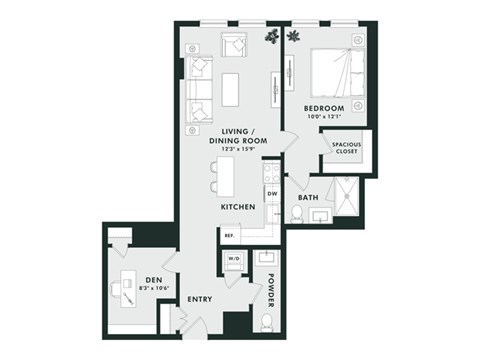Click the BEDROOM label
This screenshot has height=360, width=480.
[x=325, y=107]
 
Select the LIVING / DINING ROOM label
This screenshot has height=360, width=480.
[x=236, y=137]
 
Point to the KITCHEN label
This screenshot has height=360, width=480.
[x=238, y=207]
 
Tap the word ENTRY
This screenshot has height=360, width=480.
[x=200, y=298]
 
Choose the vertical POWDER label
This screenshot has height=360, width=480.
[x=270, y=289]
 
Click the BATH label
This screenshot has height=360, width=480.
[x=308, y=198]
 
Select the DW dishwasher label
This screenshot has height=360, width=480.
[x=271, y=192]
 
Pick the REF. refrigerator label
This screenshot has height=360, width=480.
[x=229, y=236]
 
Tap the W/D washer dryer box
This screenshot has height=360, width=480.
[x=236, y=259]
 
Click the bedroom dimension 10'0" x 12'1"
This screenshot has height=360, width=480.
[x=325, y=117]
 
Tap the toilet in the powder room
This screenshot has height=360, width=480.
[x=266, y=322]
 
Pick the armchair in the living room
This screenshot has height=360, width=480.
[x=235, y=46]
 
